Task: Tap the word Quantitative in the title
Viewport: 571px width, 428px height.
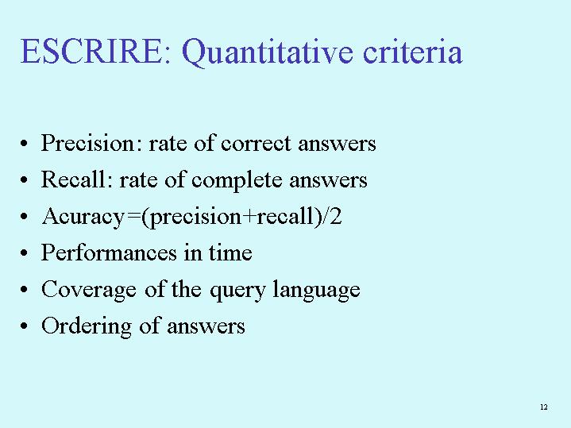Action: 268,53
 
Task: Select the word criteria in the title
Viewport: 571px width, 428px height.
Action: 413,52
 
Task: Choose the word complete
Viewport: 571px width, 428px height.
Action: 237,181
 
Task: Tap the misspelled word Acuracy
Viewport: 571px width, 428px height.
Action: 83,217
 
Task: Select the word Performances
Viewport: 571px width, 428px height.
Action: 109,252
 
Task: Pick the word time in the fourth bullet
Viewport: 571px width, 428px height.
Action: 230,253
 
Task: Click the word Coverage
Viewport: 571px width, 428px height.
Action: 89,290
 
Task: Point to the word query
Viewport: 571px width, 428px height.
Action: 237,291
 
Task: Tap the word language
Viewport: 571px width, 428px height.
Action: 316,291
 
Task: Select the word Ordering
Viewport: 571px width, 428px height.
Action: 87,326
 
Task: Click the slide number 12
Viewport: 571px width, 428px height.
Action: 544,407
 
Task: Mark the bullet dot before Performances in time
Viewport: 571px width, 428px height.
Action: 24,253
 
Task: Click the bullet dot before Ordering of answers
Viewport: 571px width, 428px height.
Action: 24,326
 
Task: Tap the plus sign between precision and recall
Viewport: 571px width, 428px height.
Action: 249,217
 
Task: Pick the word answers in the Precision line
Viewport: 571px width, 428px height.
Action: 337,144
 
